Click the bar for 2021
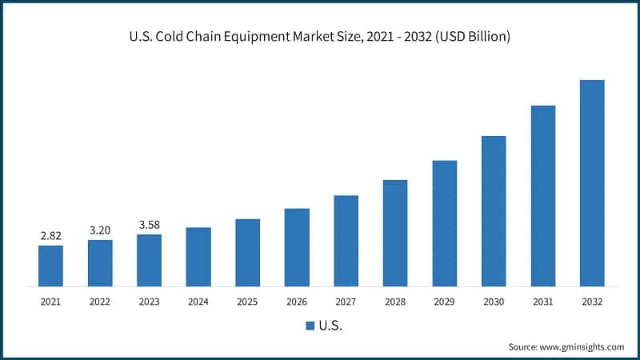(x=50, y=266)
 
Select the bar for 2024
(x=198, y=257)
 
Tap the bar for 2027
(x=346, y=241)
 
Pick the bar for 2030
(x=494, y=211)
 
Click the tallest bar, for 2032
(x=592, y=183)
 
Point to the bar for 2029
(x=445, y=223)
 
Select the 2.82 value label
(x=50, y=236)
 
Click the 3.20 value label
(x=100, y=230)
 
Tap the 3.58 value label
(x=149, y=225)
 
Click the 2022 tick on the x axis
(x=100, y=302)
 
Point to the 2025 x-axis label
(x=247, y=302)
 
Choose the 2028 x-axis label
(x=395, y=302)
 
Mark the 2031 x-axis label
(x=543, y=302)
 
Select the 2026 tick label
(x=297, y=302)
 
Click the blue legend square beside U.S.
(x=310, y=326)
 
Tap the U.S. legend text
(x=330, y=326)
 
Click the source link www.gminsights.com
(x=582, y=346)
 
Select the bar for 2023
(x=149, y=260)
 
